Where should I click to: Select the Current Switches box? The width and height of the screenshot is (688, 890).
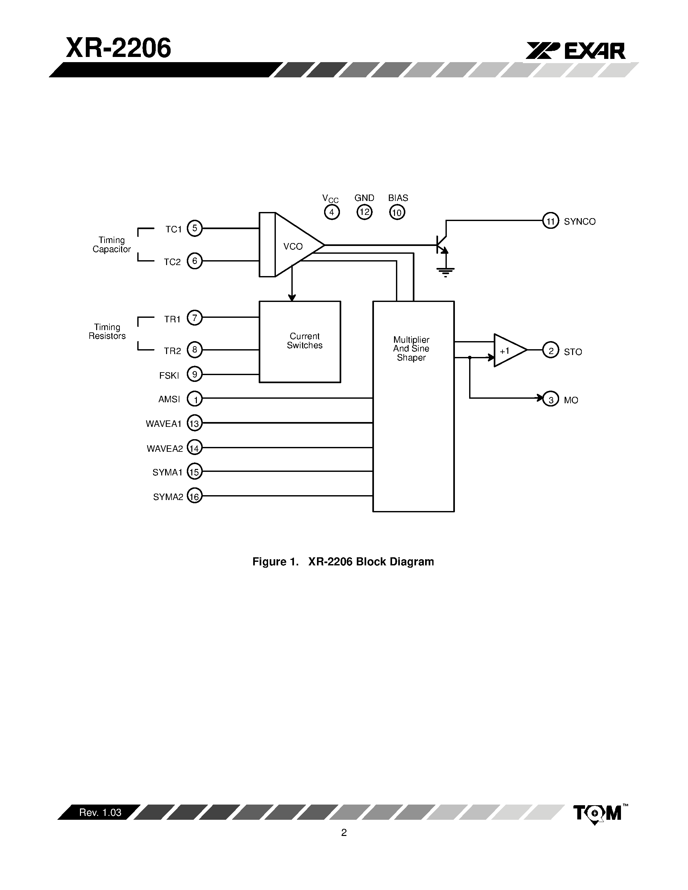[300, 341]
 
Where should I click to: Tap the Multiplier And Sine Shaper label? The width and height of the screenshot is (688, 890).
[411, 349]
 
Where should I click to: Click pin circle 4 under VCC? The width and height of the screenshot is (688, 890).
[332, 212]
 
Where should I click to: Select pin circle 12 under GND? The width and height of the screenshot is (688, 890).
[364, 212]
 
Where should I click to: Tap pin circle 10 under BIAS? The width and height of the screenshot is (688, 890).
[397, 212]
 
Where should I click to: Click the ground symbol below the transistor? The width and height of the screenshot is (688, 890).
[446, 272]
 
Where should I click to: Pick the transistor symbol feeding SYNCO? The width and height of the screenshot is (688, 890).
[441, 244]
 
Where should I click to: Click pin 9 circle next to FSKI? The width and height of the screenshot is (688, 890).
[194, 374]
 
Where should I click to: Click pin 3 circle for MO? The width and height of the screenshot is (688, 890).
[551, 400]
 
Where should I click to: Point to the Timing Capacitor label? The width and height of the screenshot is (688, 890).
[112, 244]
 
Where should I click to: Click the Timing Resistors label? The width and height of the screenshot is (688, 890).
[107, 331]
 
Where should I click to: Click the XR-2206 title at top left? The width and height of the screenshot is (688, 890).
[118, 48]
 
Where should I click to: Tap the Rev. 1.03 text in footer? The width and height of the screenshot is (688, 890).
[100, 813]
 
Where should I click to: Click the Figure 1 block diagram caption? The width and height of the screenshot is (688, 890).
[343, 562]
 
